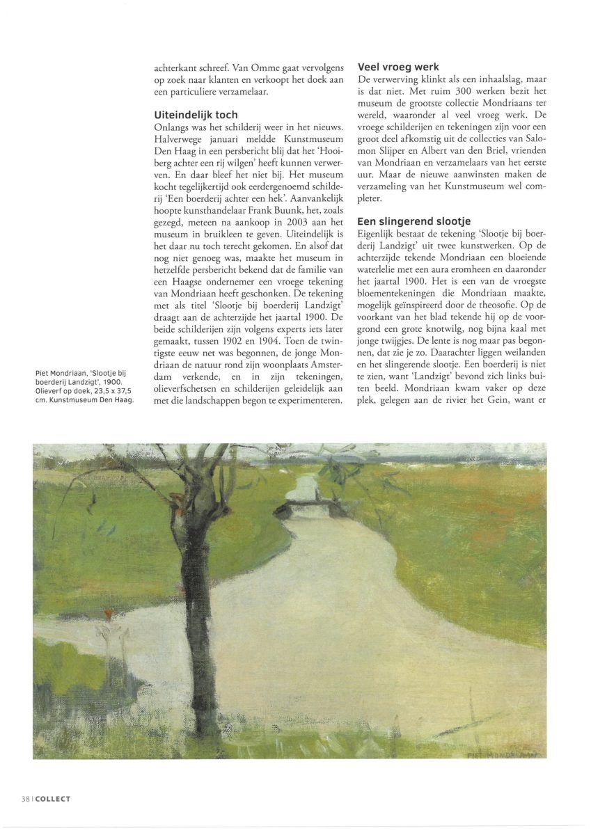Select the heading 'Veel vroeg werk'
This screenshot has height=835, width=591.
(x=398, y=67)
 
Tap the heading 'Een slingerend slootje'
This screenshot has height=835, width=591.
(x=414, y=221)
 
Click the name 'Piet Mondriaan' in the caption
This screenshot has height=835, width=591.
(x=60, y=372)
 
